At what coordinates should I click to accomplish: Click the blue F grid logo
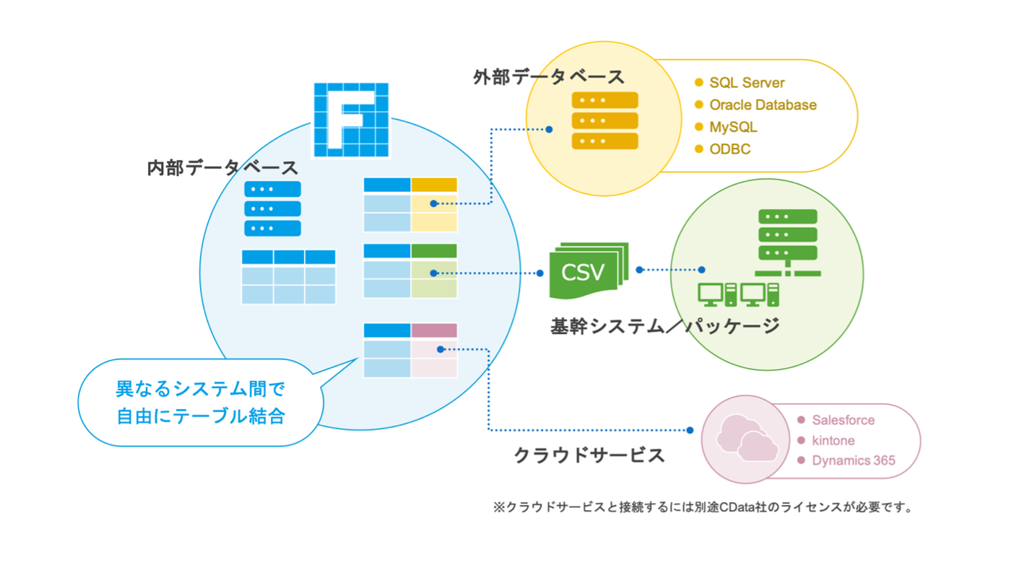point(350,120)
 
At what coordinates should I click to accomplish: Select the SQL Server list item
point(747,83)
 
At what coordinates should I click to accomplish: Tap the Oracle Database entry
point(763,105)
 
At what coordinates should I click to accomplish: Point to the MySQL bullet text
point(733,127)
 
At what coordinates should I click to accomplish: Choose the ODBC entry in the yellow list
point(729,149)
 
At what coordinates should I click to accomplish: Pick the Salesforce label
point(843,420)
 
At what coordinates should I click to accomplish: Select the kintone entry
point(833,440)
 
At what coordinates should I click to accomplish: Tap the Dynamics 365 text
point(853,460)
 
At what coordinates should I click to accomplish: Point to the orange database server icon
point(604,120)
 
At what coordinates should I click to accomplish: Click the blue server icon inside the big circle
point(272,208)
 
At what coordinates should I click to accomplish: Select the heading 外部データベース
point(549,77)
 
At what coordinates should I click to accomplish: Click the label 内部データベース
point(222,168)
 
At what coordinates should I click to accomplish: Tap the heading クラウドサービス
point(589,456)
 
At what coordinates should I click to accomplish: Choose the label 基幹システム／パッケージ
point(664,326)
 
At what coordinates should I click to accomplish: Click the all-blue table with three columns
point(288,277)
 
